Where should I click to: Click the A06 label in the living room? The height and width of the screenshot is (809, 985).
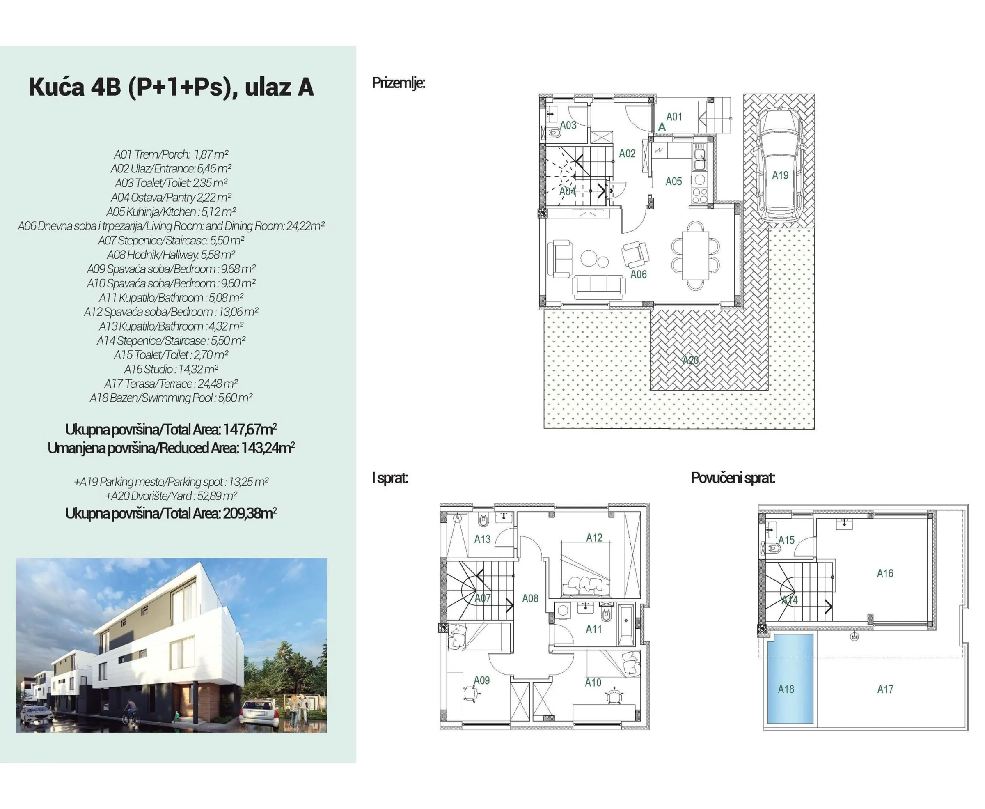coord(639,274)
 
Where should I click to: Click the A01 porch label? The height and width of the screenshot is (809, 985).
coord(674,117)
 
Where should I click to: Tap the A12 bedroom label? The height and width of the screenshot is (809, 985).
coord(594,538)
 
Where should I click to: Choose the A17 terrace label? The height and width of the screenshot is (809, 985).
coord(885,689)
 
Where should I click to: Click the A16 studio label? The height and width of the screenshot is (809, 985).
coord(885,573)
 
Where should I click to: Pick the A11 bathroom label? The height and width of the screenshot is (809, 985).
coord(593,629)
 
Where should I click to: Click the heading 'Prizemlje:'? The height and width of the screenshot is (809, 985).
coord(398,83)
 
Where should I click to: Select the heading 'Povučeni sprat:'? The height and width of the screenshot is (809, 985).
coord(733,478)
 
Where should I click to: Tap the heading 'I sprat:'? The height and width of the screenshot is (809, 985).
coord(390,478)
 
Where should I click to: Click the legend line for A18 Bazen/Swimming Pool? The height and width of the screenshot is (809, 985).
coord(171,398)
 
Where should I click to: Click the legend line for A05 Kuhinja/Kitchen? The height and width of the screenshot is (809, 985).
coord(171,212)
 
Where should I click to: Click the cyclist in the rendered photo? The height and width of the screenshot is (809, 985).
coord(131,712)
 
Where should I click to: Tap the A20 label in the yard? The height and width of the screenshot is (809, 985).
coord(690,360)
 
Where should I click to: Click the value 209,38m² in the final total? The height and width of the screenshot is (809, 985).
coord(250,514)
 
